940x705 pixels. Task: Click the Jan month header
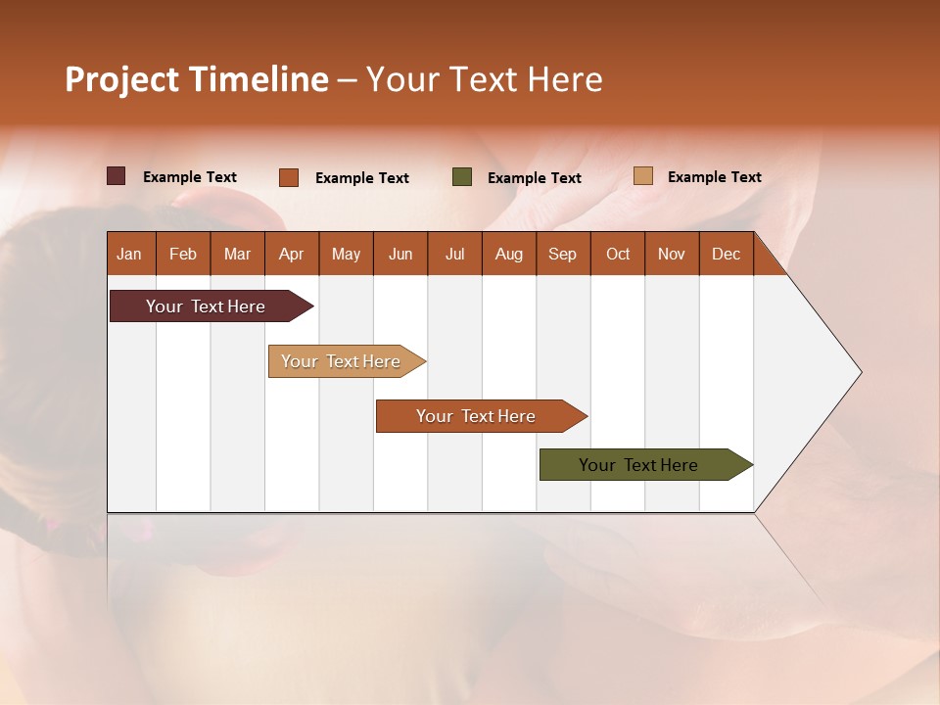[129, 255]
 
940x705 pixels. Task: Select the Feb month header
[183, 255]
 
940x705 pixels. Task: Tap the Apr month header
[291, 255]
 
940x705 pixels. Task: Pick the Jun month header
[400, 255]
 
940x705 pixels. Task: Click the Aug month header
[508, 255]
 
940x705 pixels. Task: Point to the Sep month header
[562, 255]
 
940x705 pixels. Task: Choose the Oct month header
[618, 255]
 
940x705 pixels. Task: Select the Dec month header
[726, 255]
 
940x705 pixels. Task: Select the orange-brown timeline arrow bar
[477, 416]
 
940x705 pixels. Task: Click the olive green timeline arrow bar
[639, 465]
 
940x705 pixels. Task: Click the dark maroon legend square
[117, 176]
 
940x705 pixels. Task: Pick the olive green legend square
[462, 177]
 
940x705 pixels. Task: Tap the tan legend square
[643, 176]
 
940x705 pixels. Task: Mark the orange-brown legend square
[289, 177]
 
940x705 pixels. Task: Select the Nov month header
[671, 255]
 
